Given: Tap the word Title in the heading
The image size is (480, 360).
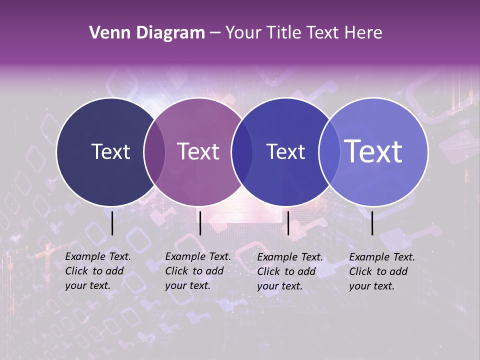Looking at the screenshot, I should click(x=284, y=33).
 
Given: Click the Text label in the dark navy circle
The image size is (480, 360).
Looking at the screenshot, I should click(x=110, y=151).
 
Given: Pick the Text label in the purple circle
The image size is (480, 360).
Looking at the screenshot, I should click(x=198, y=151).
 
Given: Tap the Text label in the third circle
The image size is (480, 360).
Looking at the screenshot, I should click(x=285, y=151).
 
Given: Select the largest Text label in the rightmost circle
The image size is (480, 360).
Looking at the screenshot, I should click(x=373, y=151).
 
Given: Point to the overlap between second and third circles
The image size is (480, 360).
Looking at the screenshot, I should click(x=242, y=152).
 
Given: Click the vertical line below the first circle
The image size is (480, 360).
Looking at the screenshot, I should click(x=112, y=223).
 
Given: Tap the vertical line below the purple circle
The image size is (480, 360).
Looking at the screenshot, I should click(x=200, y=223).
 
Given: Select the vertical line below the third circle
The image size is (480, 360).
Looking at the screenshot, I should click(x=288, y=223).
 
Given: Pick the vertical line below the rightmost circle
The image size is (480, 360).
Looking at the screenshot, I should click(x=372, y=223).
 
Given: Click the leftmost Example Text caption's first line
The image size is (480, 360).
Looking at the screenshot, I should click(x=98, y=256).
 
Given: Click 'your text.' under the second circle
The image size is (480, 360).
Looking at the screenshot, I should click(x=187, y=285).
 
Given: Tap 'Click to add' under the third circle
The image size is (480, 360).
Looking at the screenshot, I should click(x=286, y=271).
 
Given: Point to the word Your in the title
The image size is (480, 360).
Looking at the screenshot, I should click(x=244, y=33).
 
